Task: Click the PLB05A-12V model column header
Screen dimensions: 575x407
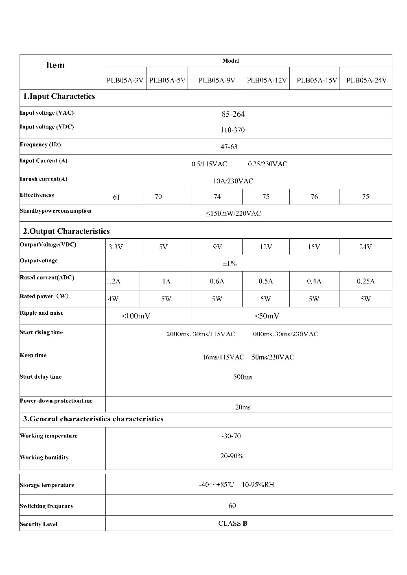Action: point(267,80)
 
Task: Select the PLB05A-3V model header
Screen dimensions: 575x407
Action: point(125,80)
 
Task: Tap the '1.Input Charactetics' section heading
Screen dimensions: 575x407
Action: point(59,96)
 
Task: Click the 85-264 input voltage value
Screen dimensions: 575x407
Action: point(233,114)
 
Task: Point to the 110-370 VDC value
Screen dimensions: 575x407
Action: point(233,130)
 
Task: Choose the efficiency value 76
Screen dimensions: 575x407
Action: point(314,197)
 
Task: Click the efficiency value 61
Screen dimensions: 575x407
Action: point(116,197)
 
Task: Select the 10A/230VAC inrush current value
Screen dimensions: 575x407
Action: point(233,181)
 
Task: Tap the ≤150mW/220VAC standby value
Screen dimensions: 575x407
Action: point(233,213)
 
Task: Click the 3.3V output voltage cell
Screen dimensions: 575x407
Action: point(116,247)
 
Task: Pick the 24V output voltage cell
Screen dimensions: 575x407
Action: point(365,247)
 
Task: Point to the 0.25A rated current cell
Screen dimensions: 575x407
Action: point(365,281)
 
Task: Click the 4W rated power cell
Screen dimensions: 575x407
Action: point(113,299)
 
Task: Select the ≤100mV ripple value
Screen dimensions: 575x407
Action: point(136,316)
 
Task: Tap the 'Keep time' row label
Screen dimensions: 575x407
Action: point(33,355)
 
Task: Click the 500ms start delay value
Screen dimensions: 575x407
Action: point(243,377)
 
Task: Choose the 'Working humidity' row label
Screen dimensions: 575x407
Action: point(44,457)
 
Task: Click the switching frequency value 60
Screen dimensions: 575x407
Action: point(232,506)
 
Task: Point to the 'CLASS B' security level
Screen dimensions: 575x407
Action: point(233,523)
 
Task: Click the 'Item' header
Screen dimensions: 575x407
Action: point(55,65)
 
